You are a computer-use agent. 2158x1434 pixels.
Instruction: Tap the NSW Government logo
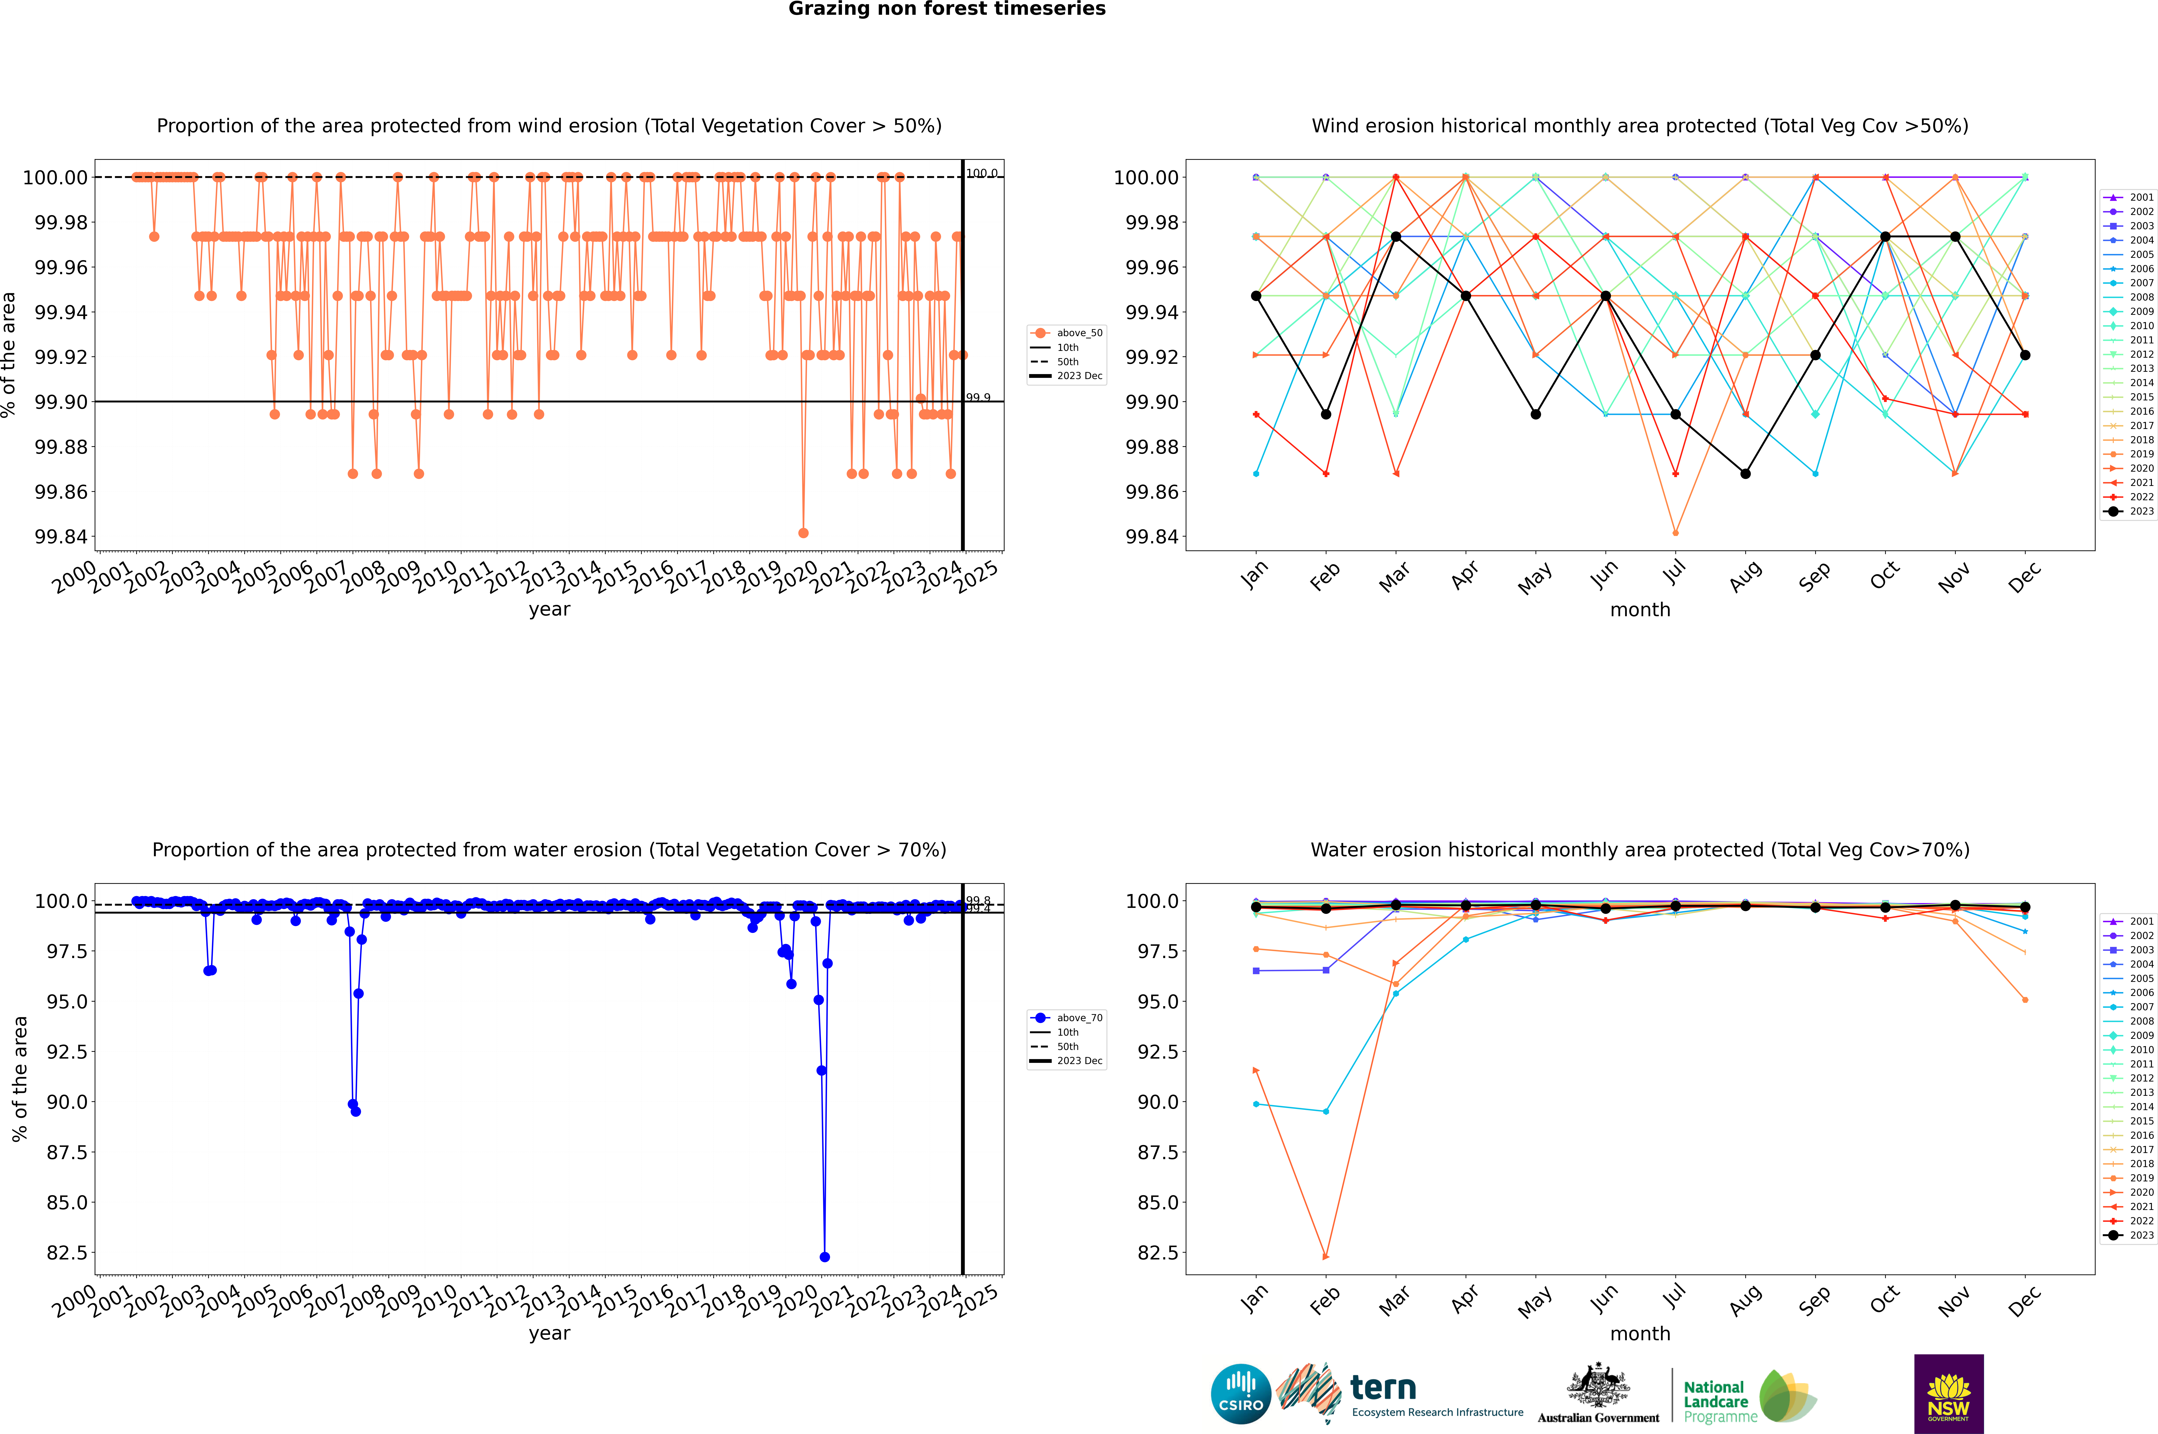pyautogui.click(x=1948, y=1394)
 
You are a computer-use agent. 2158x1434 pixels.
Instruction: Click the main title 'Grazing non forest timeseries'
pyautogui.click(x=947, y=9)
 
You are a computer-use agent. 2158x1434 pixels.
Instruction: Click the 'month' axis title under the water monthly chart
pyautogui.click(x=1639, y=1333)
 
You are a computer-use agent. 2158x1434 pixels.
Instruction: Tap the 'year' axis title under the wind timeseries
pyautogui.click(x=549, y=609)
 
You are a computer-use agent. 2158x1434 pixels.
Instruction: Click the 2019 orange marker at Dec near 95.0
pyautogui.click(x=2025, y=1000)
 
